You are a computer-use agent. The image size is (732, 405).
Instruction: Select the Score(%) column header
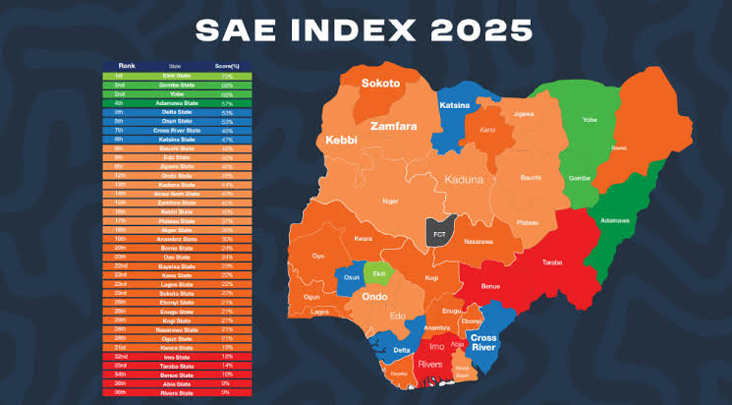pos(227,66)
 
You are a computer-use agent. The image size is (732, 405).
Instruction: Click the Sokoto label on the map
pos(380,84)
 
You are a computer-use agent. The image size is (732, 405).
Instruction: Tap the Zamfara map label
pos(394,127)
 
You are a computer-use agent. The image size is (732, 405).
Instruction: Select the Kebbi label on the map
pos(337,142)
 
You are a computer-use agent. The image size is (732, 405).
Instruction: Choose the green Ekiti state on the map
pos(376,273)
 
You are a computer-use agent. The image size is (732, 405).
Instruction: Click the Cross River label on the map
pos(484,343)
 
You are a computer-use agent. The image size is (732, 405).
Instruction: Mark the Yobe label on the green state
pos(590,121)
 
